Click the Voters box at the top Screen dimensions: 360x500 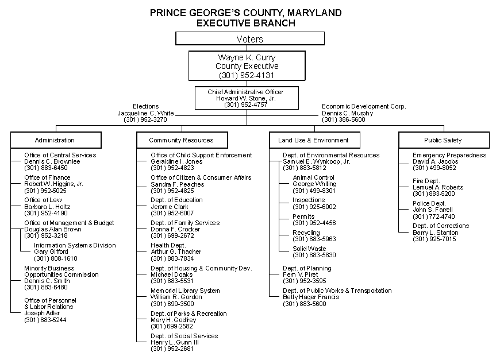tap(249, 39)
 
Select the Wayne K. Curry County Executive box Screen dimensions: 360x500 tap(248, 66)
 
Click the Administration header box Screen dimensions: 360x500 tap(55, 140)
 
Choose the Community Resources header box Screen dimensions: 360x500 tap(181, 140)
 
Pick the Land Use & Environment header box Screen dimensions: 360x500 tap(314, 140)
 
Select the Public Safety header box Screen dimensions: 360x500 tap(443, 140)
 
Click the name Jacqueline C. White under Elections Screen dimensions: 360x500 tap(145, 113)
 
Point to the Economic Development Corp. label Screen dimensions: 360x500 tap(364, 107)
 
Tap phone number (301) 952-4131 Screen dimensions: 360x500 tap(248, 75)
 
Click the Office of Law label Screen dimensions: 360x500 tap(43, 200)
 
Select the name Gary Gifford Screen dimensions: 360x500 tap(51, 251)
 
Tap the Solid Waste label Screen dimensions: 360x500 tap(309, 249)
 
